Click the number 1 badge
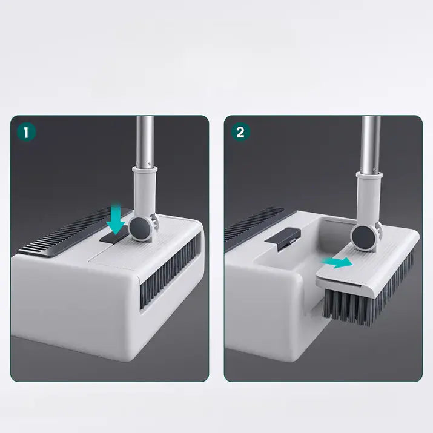point(27,132)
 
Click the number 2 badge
point(240,132)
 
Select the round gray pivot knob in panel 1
point(140,230)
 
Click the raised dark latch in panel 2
point(285,237)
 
